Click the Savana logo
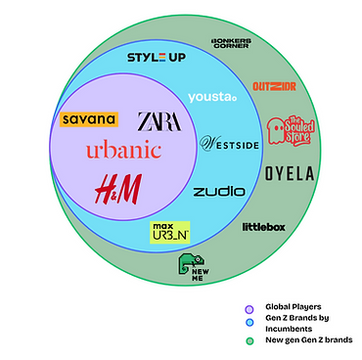coord(88,119)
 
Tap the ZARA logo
coord(160,120)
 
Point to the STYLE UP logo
coord(157,57)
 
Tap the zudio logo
coord(218,191)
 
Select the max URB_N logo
coord(169,232)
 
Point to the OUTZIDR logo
coord(274,86)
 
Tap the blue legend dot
coord(250,324)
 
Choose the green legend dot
coord(250,339)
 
